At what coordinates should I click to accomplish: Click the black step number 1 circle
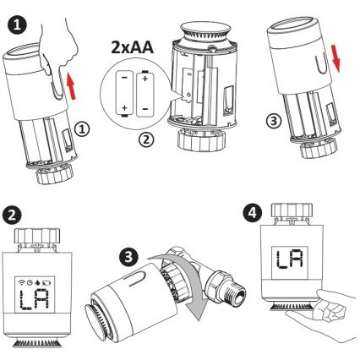[x=16, y=17]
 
